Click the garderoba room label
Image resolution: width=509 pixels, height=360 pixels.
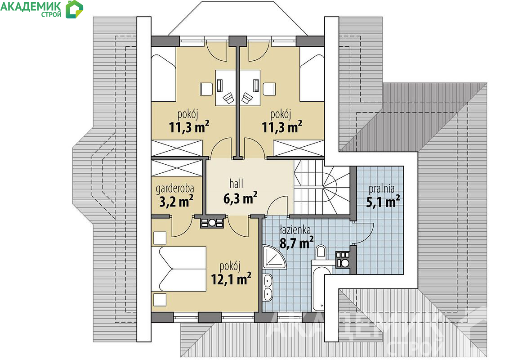[x=175, y=188]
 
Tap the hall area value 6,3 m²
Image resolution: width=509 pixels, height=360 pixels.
[x=240, y=198]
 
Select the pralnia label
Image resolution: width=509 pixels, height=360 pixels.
[x=381, y=189]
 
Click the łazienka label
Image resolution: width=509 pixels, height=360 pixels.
[x=295, y=229]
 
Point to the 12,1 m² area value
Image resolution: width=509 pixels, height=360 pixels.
[x=231, y=279]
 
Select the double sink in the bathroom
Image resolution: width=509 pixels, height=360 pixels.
[x=268, y=287]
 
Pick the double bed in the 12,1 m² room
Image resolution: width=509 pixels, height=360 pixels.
[x=179, y=269]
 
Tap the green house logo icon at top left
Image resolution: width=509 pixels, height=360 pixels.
[x=74, y=9]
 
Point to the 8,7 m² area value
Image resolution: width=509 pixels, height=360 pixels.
[x=296, y=243]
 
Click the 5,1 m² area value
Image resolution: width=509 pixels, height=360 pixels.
[x=383, y=202]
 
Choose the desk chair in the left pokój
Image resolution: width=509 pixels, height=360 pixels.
[x=228, y=97]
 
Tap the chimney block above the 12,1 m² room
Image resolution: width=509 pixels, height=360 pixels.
[x=212, y=223]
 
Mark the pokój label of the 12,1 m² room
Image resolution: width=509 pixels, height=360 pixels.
[x=230, y=266]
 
